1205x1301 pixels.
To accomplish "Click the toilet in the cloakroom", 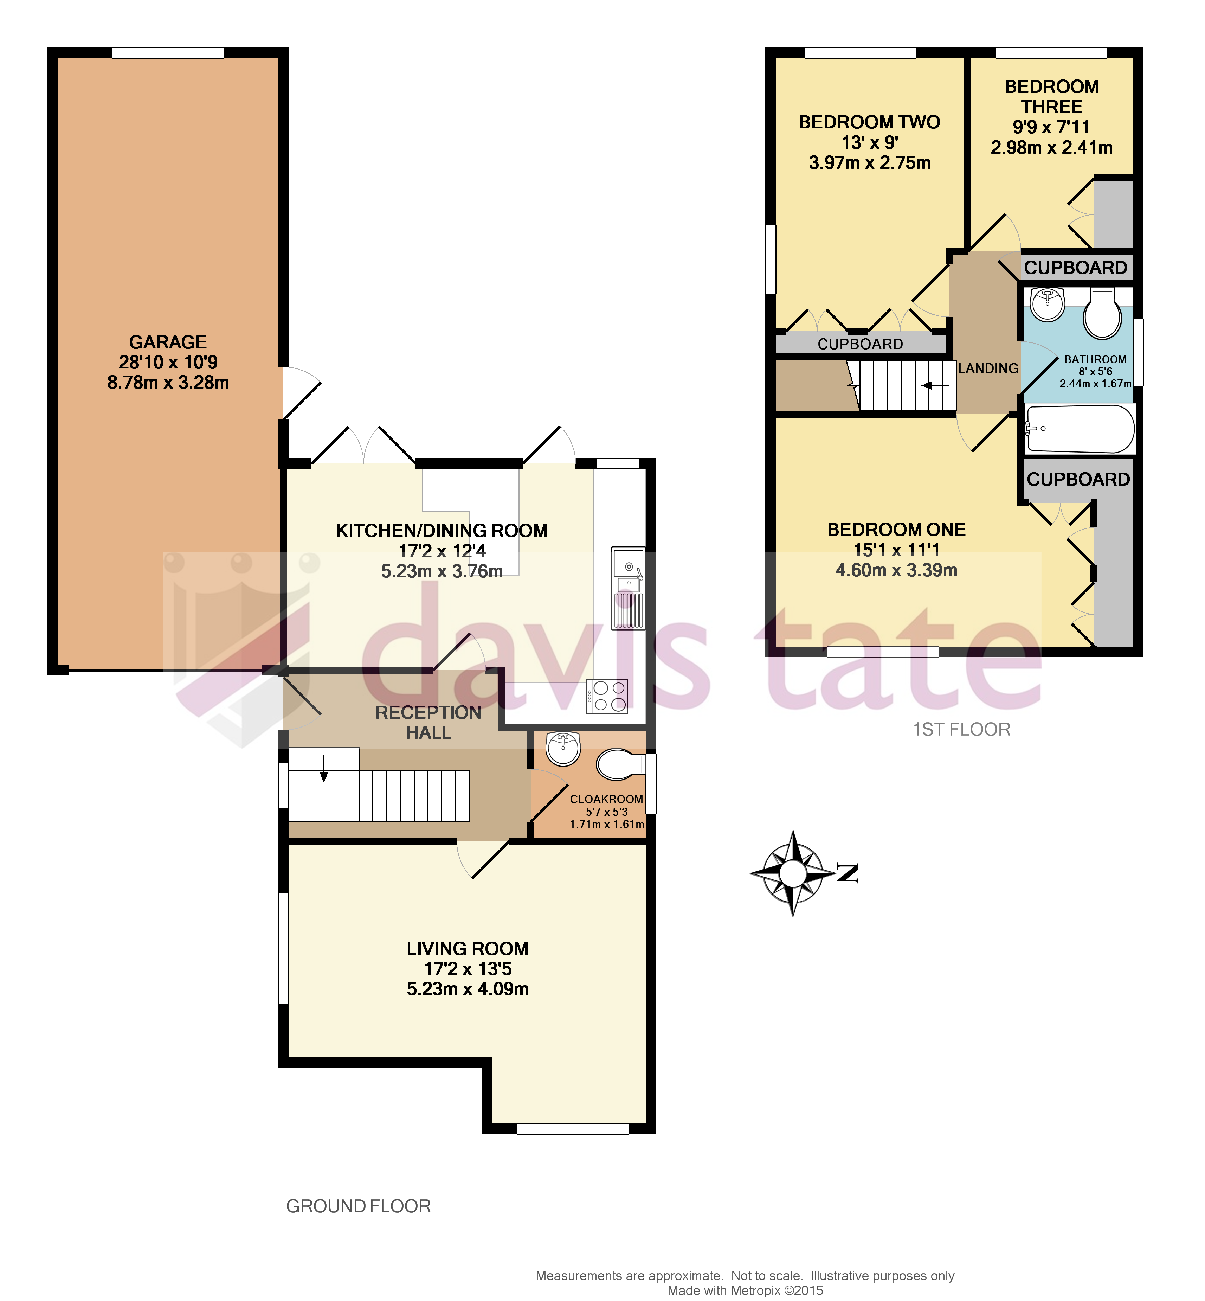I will point(619,764).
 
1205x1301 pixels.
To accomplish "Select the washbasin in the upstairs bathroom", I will point(1047,305).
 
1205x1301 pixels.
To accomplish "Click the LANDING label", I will point(988,368).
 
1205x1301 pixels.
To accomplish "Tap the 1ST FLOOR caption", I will point(961,729).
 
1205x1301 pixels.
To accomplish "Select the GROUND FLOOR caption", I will point(358,1206).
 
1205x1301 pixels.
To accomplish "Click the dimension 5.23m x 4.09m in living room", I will point(468,989).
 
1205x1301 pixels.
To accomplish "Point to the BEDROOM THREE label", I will point(1051,96).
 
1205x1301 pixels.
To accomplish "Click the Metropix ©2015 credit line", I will point(745,1290).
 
